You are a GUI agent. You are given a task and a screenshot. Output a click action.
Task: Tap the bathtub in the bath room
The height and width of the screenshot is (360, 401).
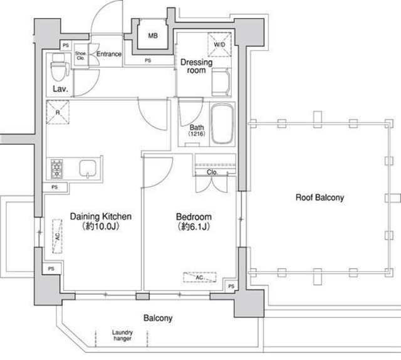[x=222, y=124]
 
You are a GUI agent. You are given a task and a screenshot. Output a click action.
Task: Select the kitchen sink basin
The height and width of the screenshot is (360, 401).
[x=88, y=169]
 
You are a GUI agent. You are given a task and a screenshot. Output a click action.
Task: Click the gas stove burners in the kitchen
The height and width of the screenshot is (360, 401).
[x=57, y=169]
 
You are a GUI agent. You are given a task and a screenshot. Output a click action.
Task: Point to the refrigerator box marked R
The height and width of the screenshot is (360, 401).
[x=58, y=112]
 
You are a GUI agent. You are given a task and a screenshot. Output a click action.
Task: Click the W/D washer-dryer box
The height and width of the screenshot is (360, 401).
[x=219, y=45]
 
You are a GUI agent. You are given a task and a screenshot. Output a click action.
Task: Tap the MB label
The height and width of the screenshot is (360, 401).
[x=153, y=36]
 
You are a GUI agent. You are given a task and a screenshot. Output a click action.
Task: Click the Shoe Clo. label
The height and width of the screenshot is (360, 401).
[x=81, y=56]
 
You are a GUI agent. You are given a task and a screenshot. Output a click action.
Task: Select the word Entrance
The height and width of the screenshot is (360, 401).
[x=109, y=54]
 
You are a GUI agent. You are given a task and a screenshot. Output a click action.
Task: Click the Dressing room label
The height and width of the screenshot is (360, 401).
[x=196, y=66]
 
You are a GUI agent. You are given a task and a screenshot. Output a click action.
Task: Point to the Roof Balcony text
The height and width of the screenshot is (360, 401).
[x=320, y=198]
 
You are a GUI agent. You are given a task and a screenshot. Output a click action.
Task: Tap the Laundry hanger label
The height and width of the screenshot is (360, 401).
[x=122, y=336]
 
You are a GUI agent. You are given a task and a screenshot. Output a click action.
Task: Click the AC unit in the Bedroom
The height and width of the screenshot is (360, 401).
[x=200, y=277]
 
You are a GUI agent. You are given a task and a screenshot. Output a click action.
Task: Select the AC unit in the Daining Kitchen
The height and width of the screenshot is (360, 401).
[x=58, y=236]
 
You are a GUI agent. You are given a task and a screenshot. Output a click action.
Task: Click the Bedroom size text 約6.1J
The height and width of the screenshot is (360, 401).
[x=194, y=226]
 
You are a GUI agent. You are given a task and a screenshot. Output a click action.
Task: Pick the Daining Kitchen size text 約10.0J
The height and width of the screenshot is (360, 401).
[x=101, y=226]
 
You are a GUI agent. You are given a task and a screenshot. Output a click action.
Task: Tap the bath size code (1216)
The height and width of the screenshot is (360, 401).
[x=197, y=134]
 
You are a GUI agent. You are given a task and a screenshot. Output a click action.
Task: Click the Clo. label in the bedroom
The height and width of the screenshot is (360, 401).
[x=212, y=172]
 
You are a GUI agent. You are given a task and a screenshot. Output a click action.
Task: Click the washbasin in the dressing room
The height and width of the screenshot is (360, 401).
[x=221, y=82]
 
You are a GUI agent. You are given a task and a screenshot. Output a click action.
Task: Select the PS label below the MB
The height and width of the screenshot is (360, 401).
[x=148, y=60]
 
